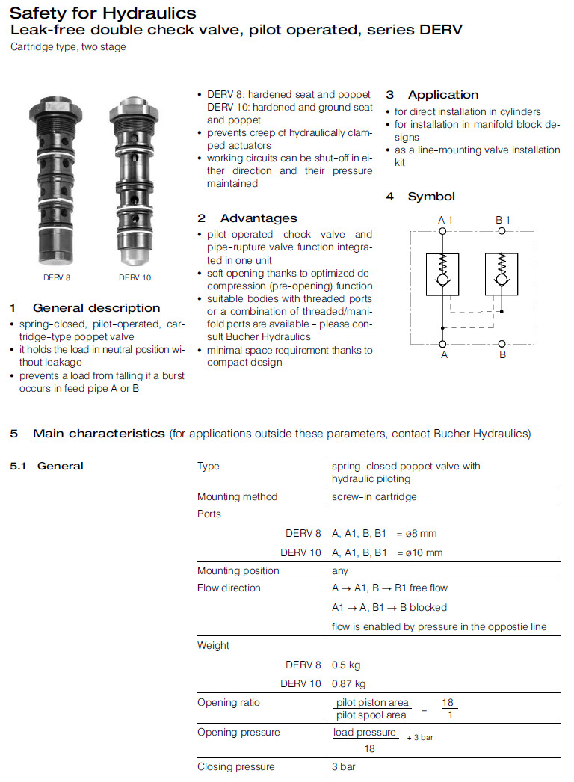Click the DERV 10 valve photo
(x=134, y=179)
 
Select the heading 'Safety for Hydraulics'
(x=103, y=13)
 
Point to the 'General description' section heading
(x=96, y=308)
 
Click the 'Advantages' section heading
(x=258, y=218)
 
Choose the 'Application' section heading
(x=442, y=95)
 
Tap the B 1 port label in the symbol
(x=503, y=220)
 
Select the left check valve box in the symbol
(x=443, y=274)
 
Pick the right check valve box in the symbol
(x=502, y=274)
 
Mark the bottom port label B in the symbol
(x=502, y=354)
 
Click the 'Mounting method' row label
(x=237, y=496)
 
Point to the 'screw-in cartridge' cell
(x=374, y=496)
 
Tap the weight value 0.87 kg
(x=349, y=683)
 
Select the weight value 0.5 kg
(x=346, y=665)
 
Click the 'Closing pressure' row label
(x=235, y=766)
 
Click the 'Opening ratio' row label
(x=229, y=703)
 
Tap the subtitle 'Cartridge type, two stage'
(x=68, y=47)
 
